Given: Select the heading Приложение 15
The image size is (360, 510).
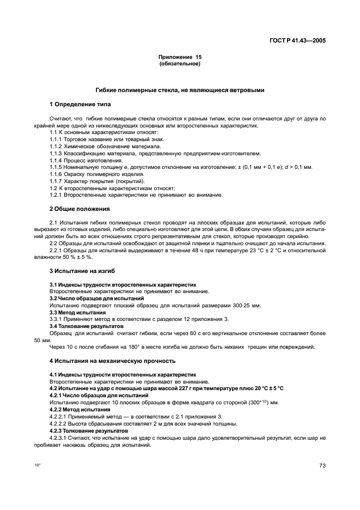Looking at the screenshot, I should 180,57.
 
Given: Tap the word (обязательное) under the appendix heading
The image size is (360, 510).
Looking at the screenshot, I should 180,64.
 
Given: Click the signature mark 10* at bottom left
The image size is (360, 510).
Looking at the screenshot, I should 38,465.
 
